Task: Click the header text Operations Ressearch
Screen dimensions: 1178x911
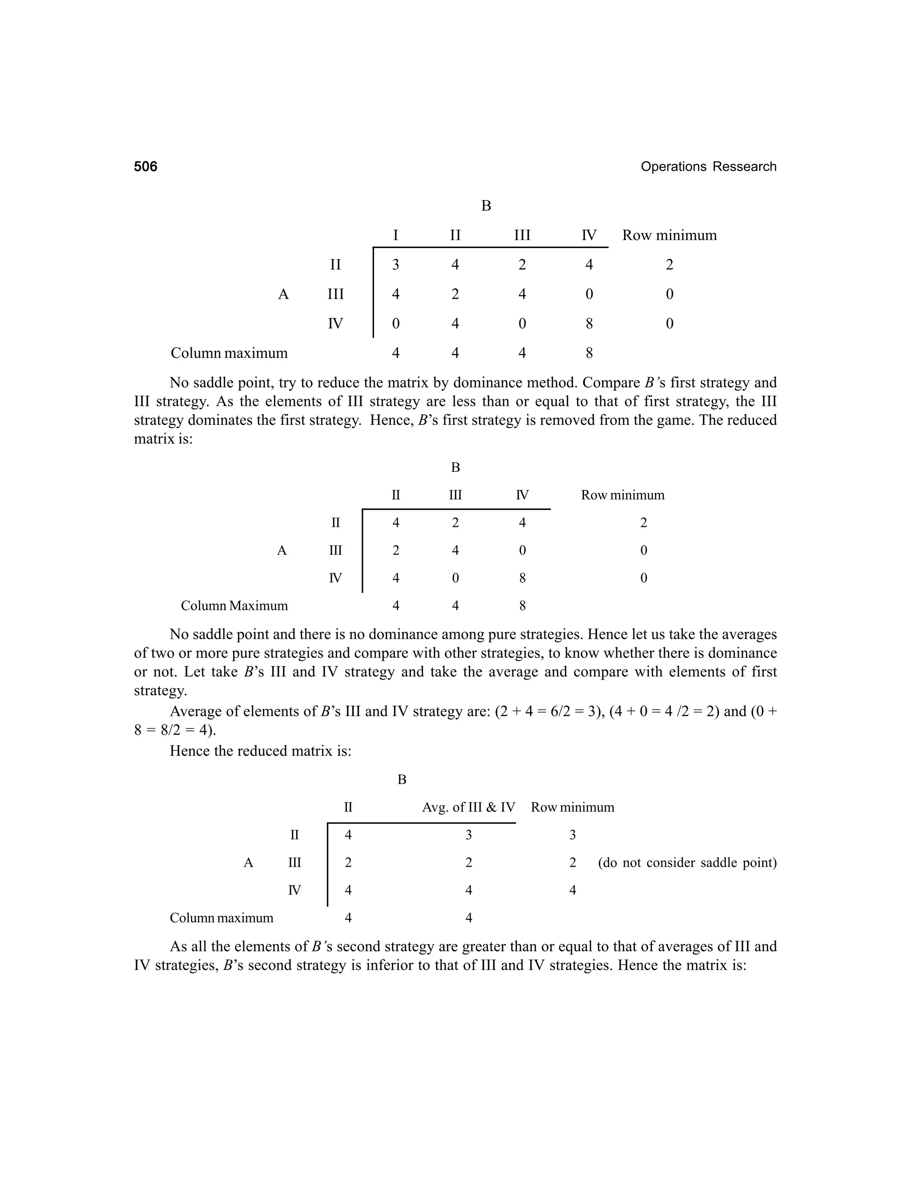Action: pos(708,167)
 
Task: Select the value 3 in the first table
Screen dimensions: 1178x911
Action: pos(395,265)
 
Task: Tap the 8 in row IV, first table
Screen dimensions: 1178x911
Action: pos(589,324)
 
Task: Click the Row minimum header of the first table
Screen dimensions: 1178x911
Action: pos(669,235)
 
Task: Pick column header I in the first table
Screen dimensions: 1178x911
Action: pos(395,235)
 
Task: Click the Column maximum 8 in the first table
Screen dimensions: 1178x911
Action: pos(589,353)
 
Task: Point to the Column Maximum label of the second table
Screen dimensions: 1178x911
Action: pos(234,606)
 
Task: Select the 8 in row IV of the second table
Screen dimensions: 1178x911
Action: pos(522,578)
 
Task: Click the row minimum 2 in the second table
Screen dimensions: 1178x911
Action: pos(643,523)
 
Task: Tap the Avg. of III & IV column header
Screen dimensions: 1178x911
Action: pos(468,807)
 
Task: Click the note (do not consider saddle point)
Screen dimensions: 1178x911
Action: pos(687,863)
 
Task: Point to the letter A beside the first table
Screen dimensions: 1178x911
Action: pos(283,294)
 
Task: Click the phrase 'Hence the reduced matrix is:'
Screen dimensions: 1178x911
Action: pos(260,751)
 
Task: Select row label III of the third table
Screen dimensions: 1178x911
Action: pos(294,863)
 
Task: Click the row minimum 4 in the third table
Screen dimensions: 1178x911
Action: pos(572,890)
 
